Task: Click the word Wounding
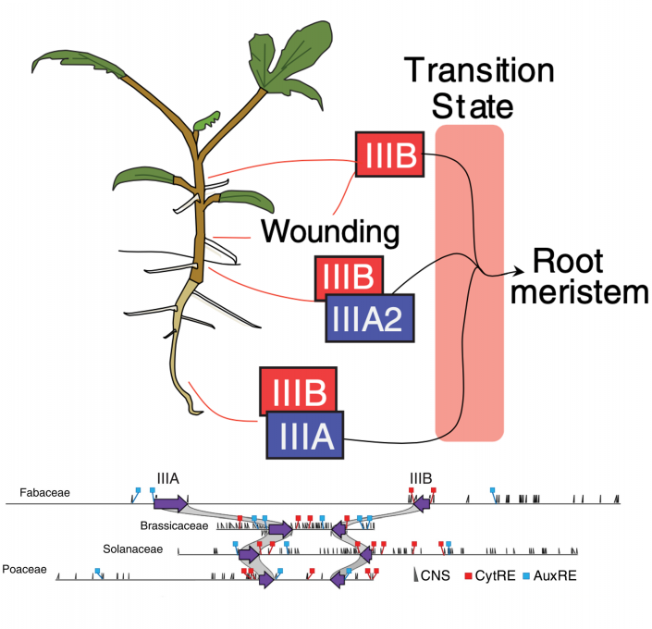coord(330,229)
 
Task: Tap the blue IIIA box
coord(305,435)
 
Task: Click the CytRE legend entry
coord(497,575)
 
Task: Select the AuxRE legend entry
coord(552,575)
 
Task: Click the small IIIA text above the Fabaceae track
coord(168,479)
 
